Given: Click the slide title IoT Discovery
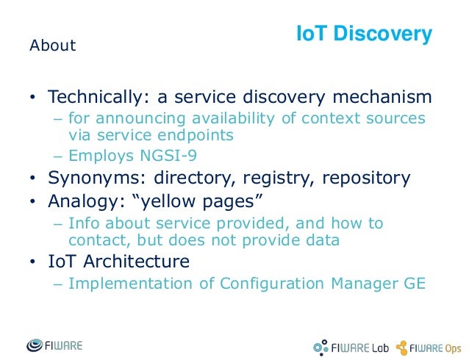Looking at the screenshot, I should click(x=363, y=35).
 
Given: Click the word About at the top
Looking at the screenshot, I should click(x=52, y=46).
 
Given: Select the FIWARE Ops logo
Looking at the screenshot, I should click(x=430, y=345).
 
